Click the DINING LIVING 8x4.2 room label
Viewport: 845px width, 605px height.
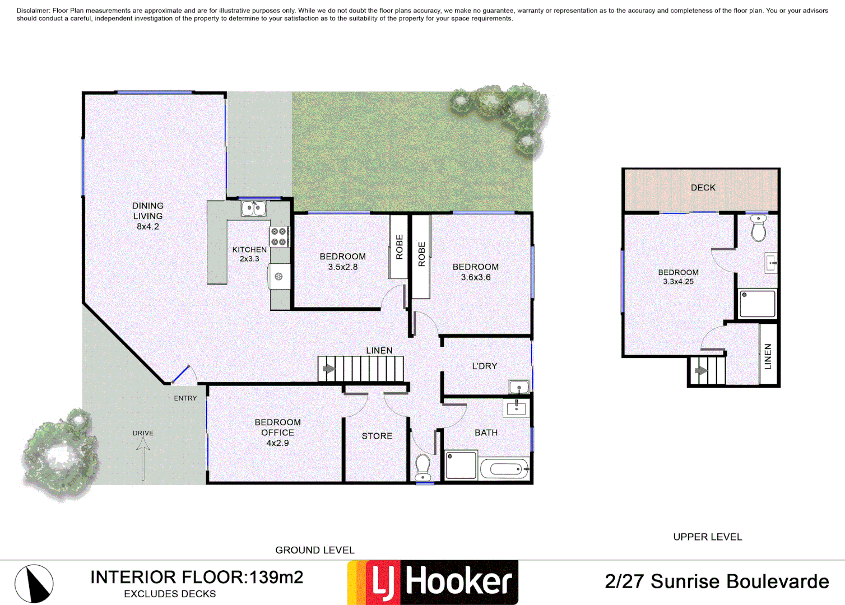click(148, 216)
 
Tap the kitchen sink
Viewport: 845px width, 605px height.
click(253, 209)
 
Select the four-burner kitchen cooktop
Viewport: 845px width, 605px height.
click(279, 237)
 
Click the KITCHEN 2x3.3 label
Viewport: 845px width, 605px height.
click(249, 254)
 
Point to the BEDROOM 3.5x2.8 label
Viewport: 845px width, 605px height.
click(342, 262)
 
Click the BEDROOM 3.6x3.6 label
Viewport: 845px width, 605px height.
click(475, 272)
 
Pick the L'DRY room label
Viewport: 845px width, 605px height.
click(484, 366)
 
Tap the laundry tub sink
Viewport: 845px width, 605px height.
click(518, 387)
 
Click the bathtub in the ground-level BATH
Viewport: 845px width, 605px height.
click(504, 468)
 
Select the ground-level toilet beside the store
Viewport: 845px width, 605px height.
click(423, 467)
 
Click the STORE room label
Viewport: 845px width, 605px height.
click(377, 436)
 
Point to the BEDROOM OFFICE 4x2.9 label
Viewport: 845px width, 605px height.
click(277, 432)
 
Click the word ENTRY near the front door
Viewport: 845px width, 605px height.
click(185, 398)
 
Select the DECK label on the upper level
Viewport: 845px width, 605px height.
click(703, 188)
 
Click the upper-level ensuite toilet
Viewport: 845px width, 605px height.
click(758, 229)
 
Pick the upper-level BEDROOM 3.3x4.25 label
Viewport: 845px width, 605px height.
click(678, 277)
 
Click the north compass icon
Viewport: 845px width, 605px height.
click(34, 583)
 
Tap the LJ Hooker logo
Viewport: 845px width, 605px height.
click(433, 583)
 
